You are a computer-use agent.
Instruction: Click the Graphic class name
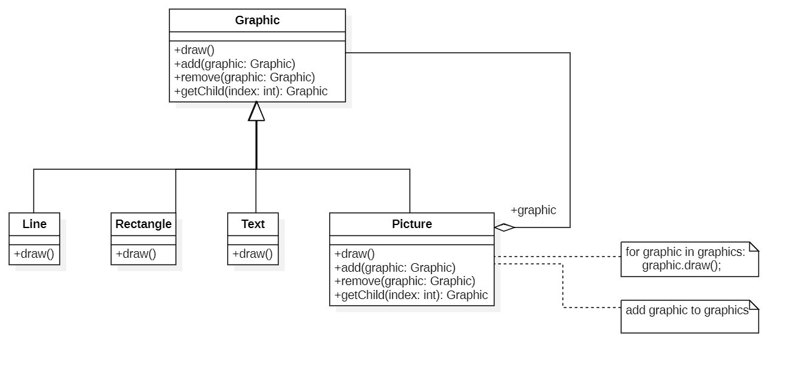(x=257, y=21)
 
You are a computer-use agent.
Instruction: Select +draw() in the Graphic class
(x=194, y=50)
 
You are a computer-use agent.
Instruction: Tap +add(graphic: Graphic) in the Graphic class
(x=234, y=64)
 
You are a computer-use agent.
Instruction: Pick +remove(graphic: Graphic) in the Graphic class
(x=244, y=77)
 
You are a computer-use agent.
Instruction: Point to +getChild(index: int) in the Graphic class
(x=251, y=91)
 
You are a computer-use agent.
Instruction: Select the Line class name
(x=35, y=224)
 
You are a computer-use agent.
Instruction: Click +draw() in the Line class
(x=34, y=254)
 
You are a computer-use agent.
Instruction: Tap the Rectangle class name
(x=143, y=224)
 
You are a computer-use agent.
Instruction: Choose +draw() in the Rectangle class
(x=136, y=254)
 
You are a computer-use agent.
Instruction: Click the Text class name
(x=253, y=224)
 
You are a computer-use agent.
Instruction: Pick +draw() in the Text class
(x=253, y=254)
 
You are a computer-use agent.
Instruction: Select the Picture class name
(x=412, y=224)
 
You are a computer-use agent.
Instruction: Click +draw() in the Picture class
(x=355, y=254)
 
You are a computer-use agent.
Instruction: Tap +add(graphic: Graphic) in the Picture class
(x=395, y=267)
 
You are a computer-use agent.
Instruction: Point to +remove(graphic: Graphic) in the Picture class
(x=404, y=281)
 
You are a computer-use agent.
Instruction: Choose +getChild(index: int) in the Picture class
(x=411, y=295)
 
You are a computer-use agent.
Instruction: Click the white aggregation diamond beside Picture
(x=504, y=227)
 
